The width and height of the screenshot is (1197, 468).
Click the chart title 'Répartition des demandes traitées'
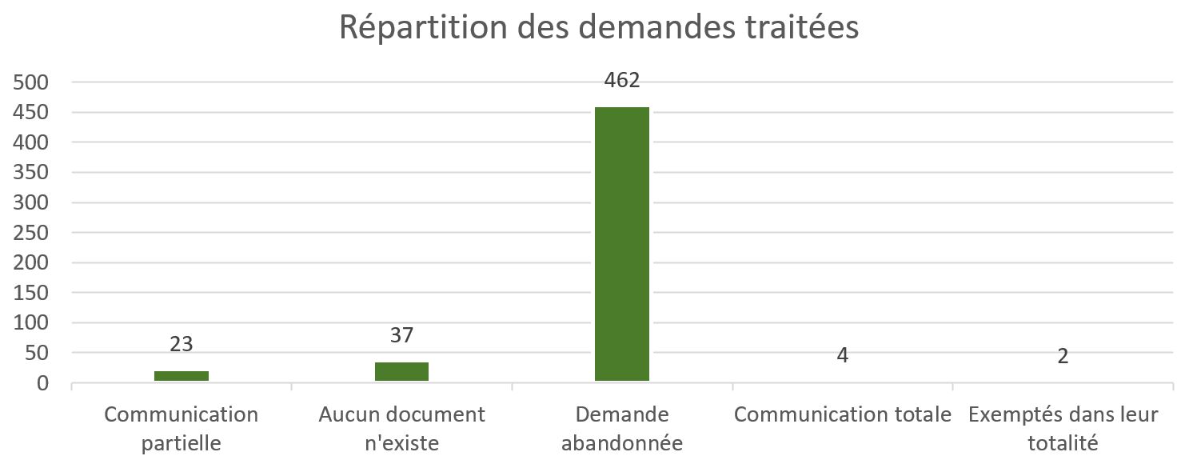[x=598, y=26]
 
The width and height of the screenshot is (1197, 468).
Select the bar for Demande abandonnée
[x=622, y=244]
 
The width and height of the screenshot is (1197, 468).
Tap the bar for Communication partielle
[x=182, y=375]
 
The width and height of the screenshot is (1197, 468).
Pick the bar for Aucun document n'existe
[x=401, y=371]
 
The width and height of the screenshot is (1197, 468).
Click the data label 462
[x=622, y=81]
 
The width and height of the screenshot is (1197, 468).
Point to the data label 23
[x=182, y=344]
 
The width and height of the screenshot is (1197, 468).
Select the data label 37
[x=401, y=335]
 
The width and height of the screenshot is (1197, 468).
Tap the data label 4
[x=842, y=356]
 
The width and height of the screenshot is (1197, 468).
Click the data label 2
[x=1063, y=356]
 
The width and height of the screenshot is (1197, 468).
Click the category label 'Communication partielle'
[x=182, y=428]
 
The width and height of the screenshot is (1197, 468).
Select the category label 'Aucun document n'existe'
[x=401, y=428]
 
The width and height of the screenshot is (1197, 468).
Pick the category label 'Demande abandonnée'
[x=622, y=428]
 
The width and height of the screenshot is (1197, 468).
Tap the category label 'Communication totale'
[x=842, y=415]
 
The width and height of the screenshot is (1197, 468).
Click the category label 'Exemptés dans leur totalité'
[x=1063, y=428]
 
